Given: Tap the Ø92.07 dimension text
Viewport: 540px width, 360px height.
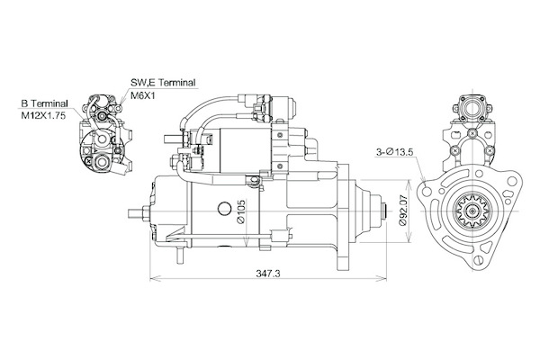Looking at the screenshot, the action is (x=402, y=211).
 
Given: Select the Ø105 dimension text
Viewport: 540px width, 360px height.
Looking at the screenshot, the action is (x=241, y=211).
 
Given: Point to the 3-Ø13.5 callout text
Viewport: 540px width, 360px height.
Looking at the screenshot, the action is (x=394, y=152).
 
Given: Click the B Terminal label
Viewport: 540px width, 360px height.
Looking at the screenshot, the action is (x=44, y=103).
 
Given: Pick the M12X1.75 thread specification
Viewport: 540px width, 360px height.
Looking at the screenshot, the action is (x=43, y=116).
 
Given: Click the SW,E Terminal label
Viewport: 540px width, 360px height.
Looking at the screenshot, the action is (x=163, y=83).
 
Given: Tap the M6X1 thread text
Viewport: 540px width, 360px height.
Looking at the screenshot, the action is (x=142, y=95).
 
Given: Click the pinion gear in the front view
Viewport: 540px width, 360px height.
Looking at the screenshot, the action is (x=472, y=211).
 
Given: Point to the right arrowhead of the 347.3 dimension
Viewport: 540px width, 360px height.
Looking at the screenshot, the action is (x=382, y=278).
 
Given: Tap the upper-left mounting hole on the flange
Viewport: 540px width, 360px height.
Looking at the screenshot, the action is (x=427, y=192).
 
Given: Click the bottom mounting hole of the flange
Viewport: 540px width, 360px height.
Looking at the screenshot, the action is (x=479, y=259).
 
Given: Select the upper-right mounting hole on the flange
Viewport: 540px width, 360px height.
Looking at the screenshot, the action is (x=513, y=182).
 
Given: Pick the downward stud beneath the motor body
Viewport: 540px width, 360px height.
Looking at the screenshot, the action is (x=179, y=255).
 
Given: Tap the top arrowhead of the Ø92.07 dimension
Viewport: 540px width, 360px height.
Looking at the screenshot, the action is (x=409, y=184).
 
